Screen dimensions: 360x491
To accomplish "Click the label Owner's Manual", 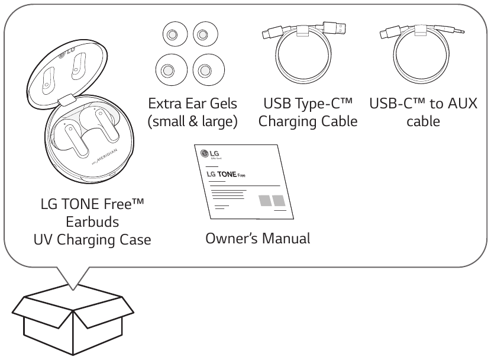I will point(257,240).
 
